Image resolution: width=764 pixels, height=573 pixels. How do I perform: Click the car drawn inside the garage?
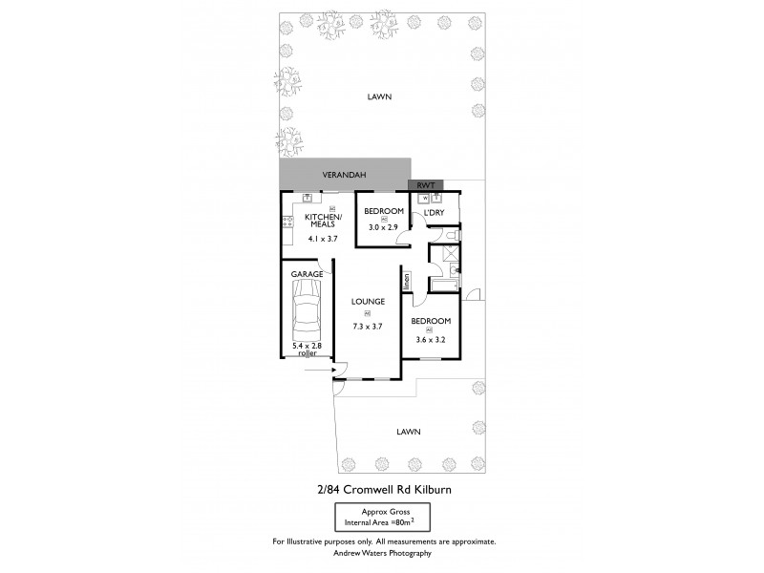pyautogui.click(x=307, y=314)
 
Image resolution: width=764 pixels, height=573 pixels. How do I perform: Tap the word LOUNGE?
pyautogui.click(x=368, y=301)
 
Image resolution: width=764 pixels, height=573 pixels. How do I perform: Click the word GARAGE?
pyautogui.click(x=308, y=274)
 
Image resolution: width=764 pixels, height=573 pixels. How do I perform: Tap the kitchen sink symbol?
pyautogui.click(x=308, y=198)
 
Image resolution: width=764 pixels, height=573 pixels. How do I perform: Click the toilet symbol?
pyautogui.click(x=454, y=230)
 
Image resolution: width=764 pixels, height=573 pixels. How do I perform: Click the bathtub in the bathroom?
pyautogui.click(x=445, y=284)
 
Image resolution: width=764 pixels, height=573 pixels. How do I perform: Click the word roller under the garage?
pyautogui.click(x=307, y=352)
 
